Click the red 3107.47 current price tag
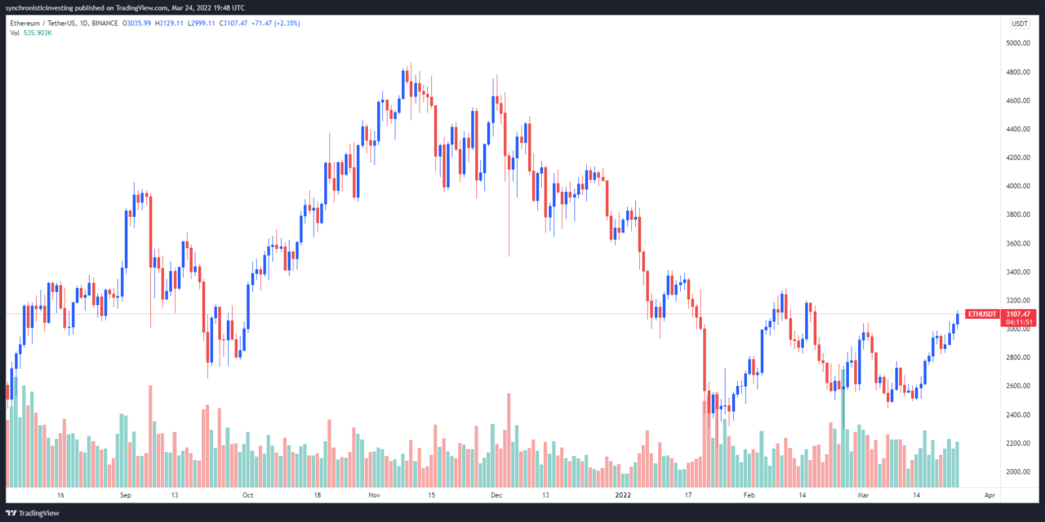pyautogui.click(x=1019, y=314)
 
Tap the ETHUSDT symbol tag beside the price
pyautogui.click(x=981, y=314)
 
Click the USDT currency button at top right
pyautogui.click(x=1019, y=24)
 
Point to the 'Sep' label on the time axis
pyautogui.click(x=126, y=495)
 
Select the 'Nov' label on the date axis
pyautogui.click(x=375, y=495)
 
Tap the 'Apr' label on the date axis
pyautogui.click(x=989, y=495)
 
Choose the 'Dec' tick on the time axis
pyautogui.click(x=496, y=495)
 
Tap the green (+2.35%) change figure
pyautogui.click(x=286, y=24)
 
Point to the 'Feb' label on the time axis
pyautogui.click(x=749, y=495)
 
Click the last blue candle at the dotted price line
pyautogui.click(x=957, y=318)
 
